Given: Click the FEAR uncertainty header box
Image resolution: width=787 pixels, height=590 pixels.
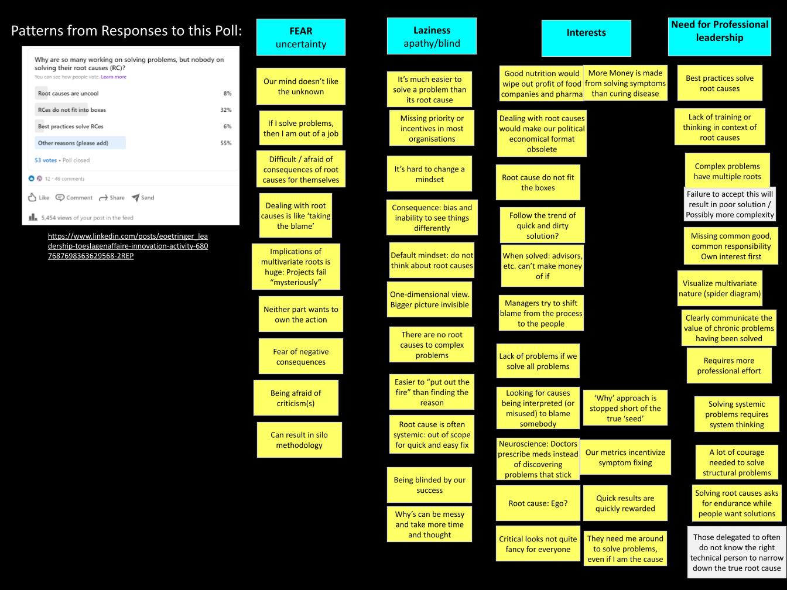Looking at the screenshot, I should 300,37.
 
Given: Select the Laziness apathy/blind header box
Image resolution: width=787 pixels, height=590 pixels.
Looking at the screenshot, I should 432,36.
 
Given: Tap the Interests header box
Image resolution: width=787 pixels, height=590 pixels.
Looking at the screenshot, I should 586,37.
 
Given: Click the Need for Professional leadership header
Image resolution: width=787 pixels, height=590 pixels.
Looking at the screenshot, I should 720,36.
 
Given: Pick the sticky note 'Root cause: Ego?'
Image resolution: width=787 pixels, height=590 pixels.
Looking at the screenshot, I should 538,503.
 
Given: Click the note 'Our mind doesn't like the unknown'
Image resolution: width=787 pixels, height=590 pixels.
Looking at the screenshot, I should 300,87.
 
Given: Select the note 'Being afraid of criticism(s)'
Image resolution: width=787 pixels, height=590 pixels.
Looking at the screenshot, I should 296,398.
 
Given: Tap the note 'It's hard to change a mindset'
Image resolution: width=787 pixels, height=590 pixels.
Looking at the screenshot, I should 429,174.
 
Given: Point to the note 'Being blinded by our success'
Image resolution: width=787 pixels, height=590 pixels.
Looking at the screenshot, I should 429,485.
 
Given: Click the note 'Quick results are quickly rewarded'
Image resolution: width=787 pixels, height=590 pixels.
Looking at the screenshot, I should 625,503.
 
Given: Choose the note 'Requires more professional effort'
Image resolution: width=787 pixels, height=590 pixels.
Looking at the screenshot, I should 728,366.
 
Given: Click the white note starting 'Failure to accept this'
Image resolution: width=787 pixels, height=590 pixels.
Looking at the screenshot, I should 729,204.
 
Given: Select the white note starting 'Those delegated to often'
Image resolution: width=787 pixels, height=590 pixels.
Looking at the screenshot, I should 736,553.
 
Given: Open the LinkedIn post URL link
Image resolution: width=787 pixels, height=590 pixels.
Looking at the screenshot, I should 128,246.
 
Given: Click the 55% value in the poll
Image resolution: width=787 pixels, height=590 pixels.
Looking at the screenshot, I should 225,143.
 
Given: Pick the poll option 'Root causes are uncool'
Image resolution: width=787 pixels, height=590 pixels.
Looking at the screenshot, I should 68,93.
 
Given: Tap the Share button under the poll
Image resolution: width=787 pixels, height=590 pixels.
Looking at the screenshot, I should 112,198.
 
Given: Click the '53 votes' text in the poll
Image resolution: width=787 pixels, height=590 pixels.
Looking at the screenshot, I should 46,160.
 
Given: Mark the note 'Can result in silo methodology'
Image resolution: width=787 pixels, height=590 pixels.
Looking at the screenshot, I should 299,440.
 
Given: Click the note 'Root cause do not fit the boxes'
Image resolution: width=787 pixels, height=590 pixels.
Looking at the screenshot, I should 538,183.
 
